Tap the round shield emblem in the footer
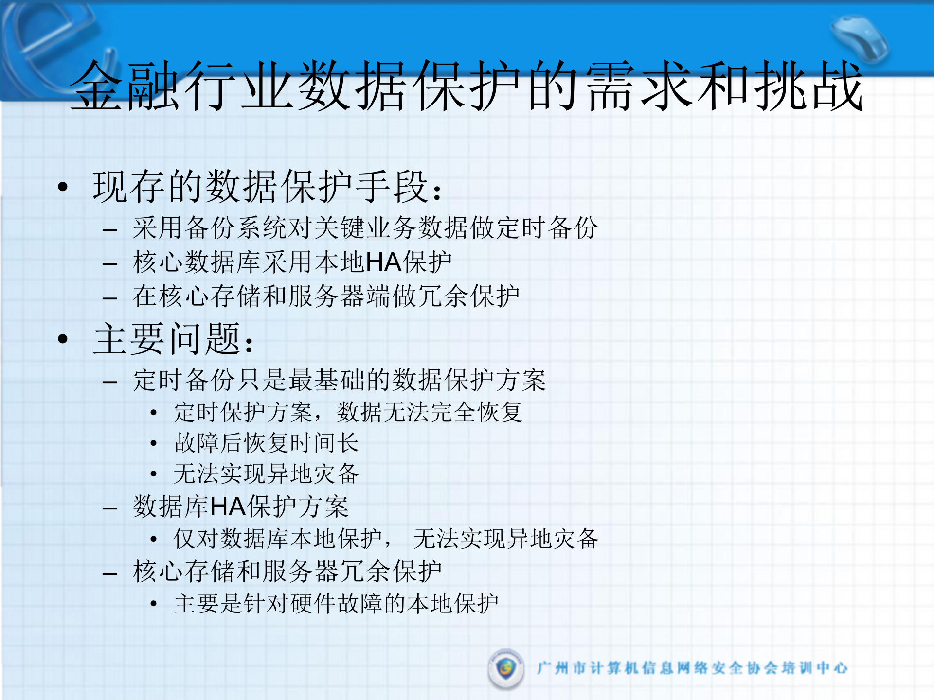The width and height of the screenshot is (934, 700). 506,669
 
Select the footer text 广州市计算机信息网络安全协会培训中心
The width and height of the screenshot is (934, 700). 692,668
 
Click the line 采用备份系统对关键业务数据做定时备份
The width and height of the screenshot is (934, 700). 365,228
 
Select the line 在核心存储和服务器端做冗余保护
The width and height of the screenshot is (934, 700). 326,297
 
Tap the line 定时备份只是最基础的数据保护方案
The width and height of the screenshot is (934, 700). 340,380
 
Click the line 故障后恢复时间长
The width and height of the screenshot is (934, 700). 267,443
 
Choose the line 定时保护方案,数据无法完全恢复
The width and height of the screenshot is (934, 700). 348,412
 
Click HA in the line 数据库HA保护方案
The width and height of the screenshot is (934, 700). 228,507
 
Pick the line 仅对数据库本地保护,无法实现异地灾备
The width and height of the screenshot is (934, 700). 386,539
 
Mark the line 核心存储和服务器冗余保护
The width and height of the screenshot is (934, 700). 287,572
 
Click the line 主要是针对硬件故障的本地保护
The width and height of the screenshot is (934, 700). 336,604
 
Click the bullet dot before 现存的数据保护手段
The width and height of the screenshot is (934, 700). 63,187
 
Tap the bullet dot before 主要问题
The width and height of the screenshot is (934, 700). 63,339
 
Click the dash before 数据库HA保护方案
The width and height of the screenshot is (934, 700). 110,508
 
